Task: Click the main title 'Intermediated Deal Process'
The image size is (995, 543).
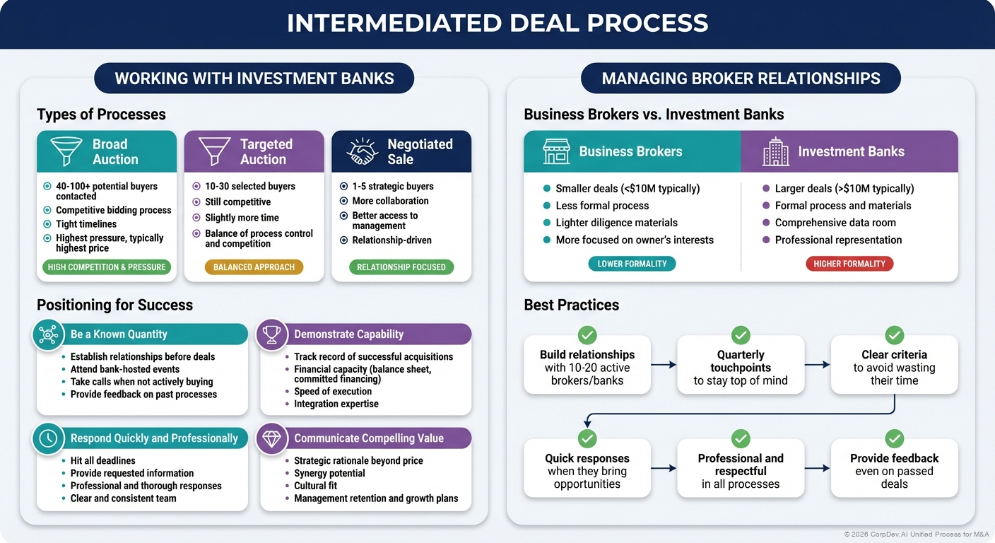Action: (x=497, y=23)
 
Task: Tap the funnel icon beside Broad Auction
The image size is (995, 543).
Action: (x=66, y=151)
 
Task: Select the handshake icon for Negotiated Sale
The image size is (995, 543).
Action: (x=363, y=151)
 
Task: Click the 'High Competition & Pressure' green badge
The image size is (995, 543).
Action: (x=107, y=267)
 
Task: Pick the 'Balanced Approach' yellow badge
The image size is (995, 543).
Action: (x=254, y=267)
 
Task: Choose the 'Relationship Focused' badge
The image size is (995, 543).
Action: (x=401, y=267)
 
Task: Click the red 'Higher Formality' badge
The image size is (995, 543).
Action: (x=849, y=264)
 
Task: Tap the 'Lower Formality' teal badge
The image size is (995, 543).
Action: (x=632, y=264)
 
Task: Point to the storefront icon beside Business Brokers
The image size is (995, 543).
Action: (x=556, y=152)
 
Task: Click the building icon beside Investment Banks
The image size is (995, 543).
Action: (x=775, y=152)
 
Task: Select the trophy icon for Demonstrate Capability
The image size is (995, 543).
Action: (x=271, y=334)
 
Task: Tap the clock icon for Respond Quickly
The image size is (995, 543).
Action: (x=48, y=438)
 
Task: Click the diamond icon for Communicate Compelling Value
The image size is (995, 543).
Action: (x=271, y=438)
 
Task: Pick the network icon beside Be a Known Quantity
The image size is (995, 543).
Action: (x=48, y=334)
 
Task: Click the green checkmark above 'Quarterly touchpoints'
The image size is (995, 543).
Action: (x=741, y=335)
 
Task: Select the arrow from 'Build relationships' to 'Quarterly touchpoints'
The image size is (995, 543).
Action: (x=664, y=365)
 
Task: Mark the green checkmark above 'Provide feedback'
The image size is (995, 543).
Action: (x=894, y=439)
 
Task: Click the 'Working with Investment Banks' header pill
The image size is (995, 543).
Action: (x=254, y=78)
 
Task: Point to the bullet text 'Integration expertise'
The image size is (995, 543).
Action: (x=336, y=404)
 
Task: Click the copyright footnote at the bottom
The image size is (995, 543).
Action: (x=916, y=535)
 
